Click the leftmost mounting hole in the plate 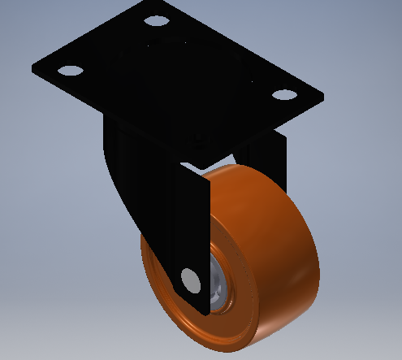coord(69,70)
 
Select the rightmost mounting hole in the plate coord(283,94)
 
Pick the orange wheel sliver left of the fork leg coord(150,268)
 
